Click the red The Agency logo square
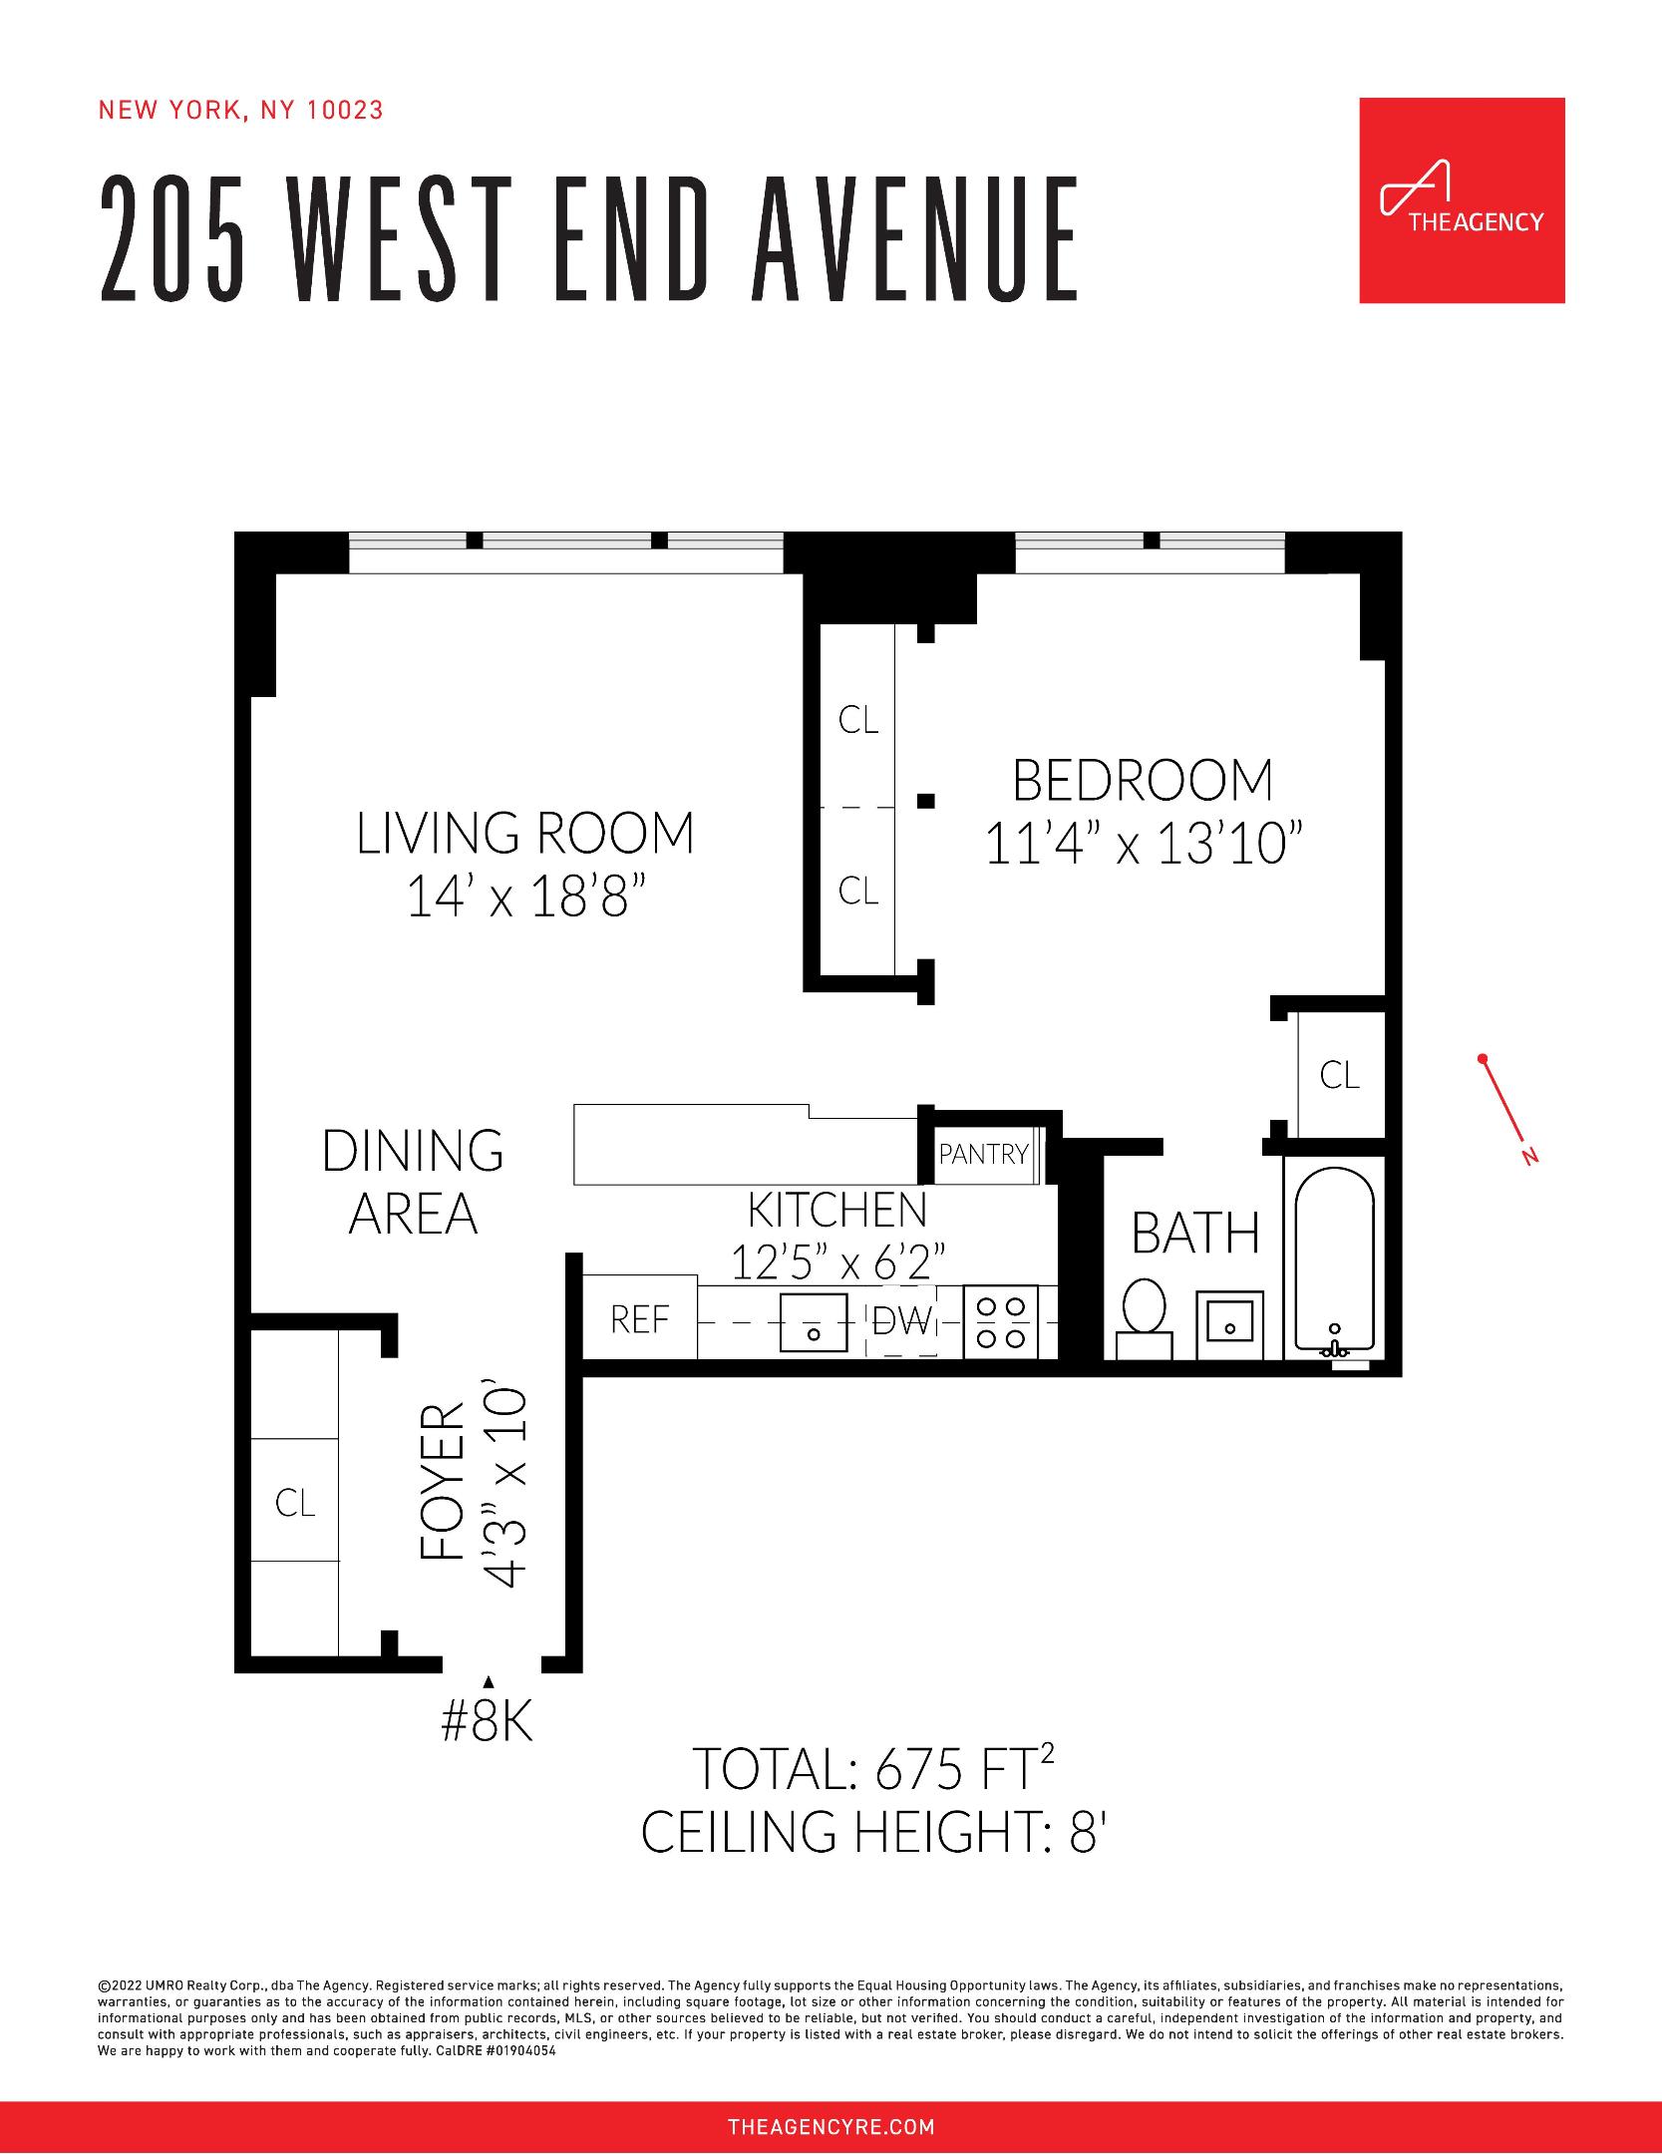tap(1462, 199)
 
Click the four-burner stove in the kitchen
tap(1001, 1321)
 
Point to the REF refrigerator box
tap(639, 1318)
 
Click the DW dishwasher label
tap(901, 1322)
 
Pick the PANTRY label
tap(983, 1154)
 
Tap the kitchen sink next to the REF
tap(813, 1321)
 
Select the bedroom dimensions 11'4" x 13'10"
tap(1144, 846)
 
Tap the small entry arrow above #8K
tap(488, 1682)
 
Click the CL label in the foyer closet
tap(295, 1503)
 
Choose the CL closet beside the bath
tap(1339, 1074)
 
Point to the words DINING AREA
tap(413, 1182)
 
